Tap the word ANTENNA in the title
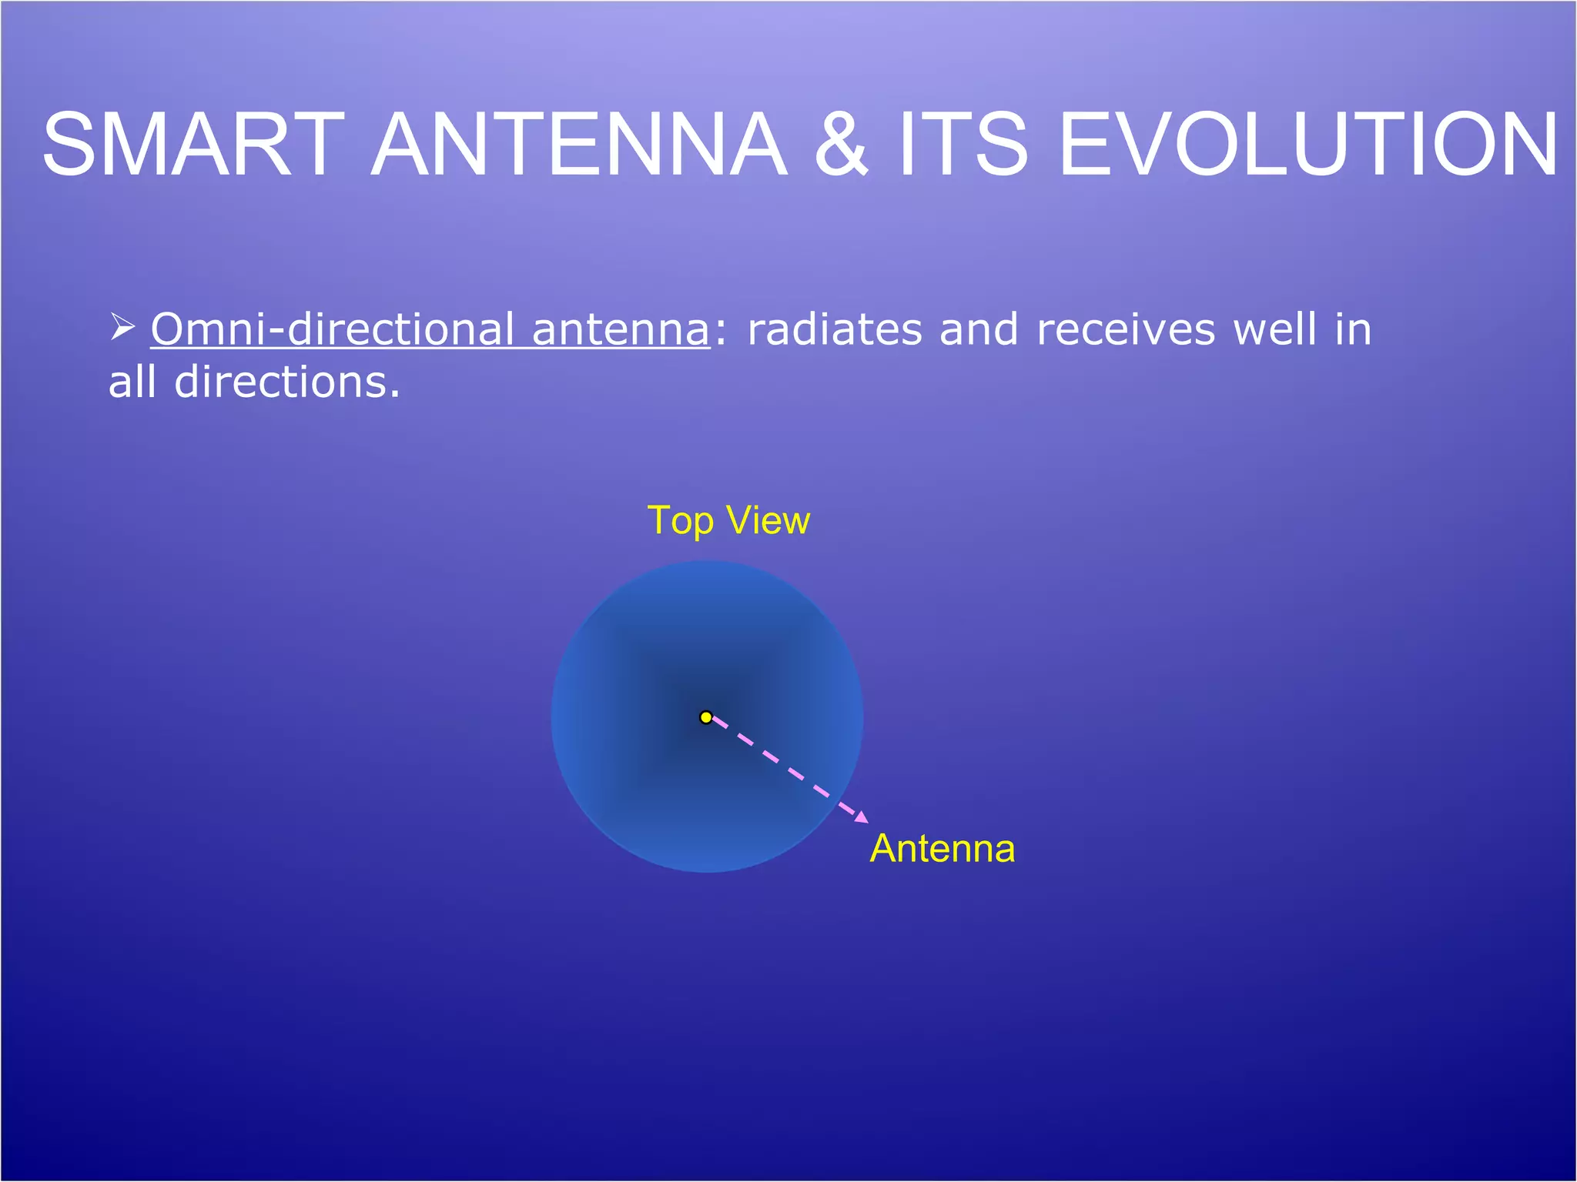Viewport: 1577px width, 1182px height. pyautogui.click(x=579, y=145)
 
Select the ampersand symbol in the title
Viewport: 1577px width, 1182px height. pyautogui.click(x=841, y=145)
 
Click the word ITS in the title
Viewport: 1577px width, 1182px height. pyautogui.click(x=963, y=145)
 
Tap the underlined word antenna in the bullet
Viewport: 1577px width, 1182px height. pyautogui.click(x=621, y=331)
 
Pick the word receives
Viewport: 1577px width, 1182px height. pyautogui.click(x=1126, y=331)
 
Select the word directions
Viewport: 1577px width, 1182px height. pyautogui.click(x=287, y=382)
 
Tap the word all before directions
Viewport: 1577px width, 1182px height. pyautogui.click(x=132, y=382)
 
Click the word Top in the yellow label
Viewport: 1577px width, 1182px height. pyautogui.click(x=681, y=522)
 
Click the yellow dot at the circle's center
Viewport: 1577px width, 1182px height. pyautogui.click(x=706, y=717)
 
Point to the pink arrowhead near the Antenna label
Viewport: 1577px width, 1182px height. pyautogui.click(x=862, y=818)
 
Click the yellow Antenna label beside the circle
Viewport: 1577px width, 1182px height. pyautogui.click(x=942, y=849)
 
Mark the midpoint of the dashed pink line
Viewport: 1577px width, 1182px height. pyautogui.click(x=785, y=768)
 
